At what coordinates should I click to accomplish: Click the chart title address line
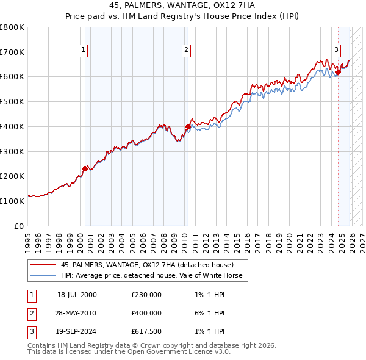[x=182, y=5]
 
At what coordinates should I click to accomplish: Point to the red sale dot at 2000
[x=85, y=168]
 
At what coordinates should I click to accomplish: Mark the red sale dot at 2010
[x=188, y=126]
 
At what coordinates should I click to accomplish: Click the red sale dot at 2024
[x=338, y=72]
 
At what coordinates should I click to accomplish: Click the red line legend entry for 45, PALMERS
[x=147, y=265]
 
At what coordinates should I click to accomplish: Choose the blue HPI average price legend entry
[x=152, y=275]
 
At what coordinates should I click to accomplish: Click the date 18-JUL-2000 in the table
[x=77, y=295]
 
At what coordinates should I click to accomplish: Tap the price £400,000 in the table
[x=146, y=314]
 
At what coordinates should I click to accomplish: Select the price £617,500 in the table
[x=146, y=333]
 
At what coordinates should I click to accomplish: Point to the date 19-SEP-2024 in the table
[x=77, y=333]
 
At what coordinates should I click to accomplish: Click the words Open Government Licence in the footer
[x=170, y=352]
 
